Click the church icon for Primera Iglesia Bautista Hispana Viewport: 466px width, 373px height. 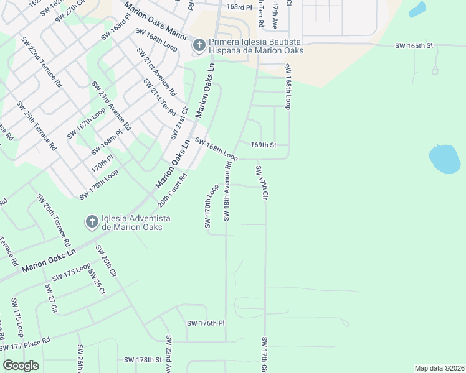click(x=199, y=45)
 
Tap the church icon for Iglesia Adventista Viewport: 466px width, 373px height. click(x=92, y=222)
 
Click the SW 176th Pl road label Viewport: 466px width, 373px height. click(x=205, y=323)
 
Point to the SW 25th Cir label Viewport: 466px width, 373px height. click(x=105, y=262)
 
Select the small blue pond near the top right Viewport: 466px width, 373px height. click(x=417, y=9)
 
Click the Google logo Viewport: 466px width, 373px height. click(x=21, y=365)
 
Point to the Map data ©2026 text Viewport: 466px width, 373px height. click(x=439, y=368)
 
